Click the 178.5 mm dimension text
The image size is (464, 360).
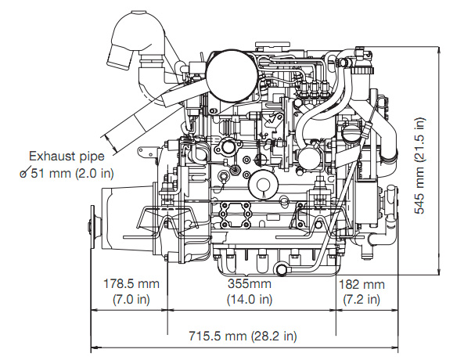(131, 284)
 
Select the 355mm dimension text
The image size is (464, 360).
(250, 283)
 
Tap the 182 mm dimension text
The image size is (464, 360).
(361, 285)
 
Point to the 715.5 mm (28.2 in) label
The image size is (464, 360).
(243, 336)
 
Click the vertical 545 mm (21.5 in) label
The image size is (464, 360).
(419, 165)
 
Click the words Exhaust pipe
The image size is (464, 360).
(67, 156)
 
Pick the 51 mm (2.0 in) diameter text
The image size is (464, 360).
(73, 173)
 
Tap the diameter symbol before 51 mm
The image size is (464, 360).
(24, 173)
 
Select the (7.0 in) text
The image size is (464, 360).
(131, 300)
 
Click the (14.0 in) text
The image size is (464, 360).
(250, 299)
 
